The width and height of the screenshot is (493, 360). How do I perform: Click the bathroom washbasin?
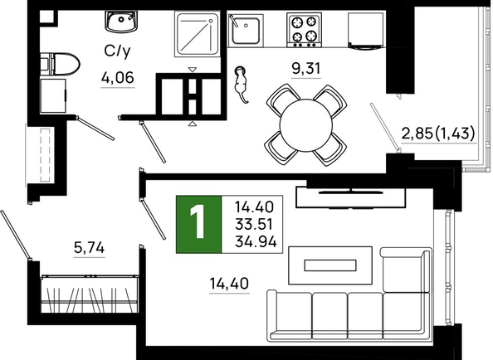pyautogui.click(x=121, y=22)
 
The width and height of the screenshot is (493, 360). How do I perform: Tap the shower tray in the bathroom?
pyautogui.click(x=197, y=34)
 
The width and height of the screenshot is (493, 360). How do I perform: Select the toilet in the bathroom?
pyautogui.click(x=60, y=64)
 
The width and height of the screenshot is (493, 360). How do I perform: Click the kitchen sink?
pyautogui.click(x=245, y=29)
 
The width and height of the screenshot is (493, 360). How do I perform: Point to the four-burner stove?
pyautogui.click(x=304, y=30)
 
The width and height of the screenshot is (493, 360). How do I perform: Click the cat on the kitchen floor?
pyautogui.click(x=242, y=84)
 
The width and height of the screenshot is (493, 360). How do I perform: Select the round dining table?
pyautogui.click(x=305, y=125)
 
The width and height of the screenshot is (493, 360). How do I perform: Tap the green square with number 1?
pyautogui.click(x=198, y=224)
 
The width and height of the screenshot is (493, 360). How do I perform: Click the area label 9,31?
pyautogui.click(x=306, y=68)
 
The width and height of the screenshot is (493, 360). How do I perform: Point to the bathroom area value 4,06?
pyautogui.click(x=118, y=77)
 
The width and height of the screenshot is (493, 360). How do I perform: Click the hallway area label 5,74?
pyautogui.click(x=89, y=248)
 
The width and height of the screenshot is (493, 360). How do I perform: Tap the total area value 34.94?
pyautogui.click(x=256, y=241)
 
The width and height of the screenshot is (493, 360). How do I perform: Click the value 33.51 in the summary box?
pyautogui.click(x=254, y=224)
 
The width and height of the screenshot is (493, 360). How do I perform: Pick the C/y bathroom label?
pyautogui.click(x=117, y=51)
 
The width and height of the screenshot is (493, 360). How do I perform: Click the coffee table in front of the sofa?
pyautogui.click(x=330, y=265)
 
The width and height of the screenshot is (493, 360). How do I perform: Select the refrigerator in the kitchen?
pyautogui.click(x=366, y=31)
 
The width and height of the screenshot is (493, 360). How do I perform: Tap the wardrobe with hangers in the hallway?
pyautogui.click(x=90, y=294)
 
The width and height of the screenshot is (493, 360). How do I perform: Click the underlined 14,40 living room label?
pyautogui.click(x=229, y=284)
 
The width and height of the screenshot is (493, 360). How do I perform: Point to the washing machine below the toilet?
pyautogui.click(x=53, y=95)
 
